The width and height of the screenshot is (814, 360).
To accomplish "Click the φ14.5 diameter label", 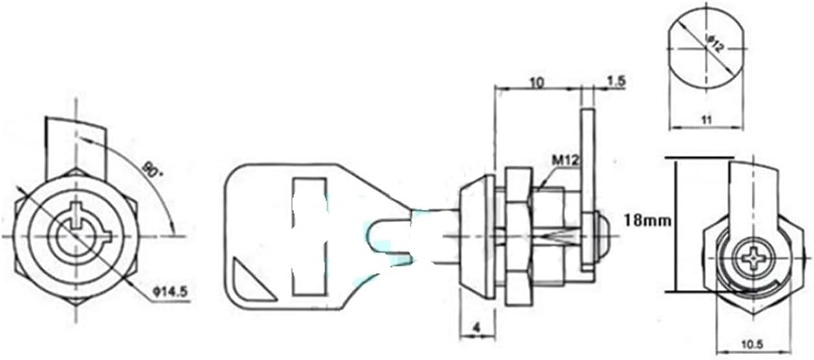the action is click(170, 292).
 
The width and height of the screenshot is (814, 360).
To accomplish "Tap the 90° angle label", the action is click(152, 170).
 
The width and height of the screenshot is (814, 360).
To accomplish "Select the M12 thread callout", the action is click(565, 161).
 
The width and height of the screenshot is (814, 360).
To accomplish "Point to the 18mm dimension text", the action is click(648, 220).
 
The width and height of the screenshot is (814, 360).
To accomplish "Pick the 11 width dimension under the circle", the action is click(707, 120).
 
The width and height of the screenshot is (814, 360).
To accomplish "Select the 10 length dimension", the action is click(537, 83).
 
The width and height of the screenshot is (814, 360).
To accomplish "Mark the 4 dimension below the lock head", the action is click(477, 328).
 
